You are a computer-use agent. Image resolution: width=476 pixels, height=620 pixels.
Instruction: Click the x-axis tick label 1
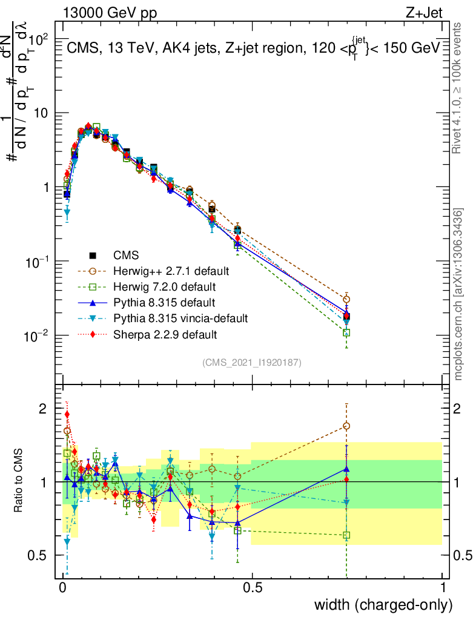443,587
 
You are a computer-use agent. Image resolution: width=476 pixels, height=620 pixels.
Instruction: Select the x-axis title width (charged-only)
383,605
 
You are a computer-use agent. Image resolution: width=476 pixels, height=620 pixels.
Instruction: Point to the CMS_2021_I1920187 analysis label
251,362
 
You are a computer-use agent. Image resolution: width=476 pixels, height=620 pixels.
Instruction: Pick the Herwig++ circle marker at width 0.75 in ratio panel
346,426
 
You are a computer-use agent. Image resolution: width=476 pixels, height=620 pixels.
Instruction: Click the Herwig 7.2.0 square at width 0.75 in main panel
346,332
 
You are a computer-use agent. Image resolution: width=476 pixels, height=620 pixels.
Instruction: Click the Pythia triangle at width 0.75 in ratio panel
346,469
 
